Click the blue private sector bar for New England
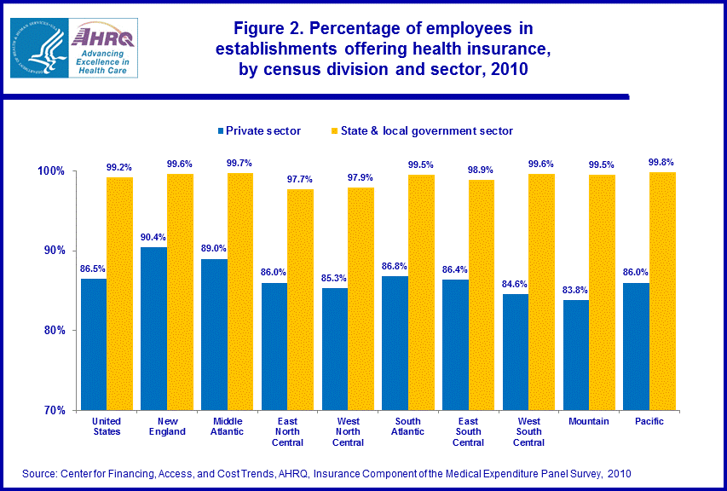pos(153,328)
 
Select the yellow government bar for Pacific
pos(662,291)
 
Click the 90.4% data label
pos(153,239)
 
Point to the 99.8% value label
pos(662,162)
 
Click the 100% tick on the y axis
pos(52,171)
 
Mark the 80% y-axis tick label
pos(55,331)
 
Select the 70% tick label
pos(55,410)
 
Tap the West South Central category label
pos(528,430)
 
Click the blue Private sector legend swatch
pos(220,131)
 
